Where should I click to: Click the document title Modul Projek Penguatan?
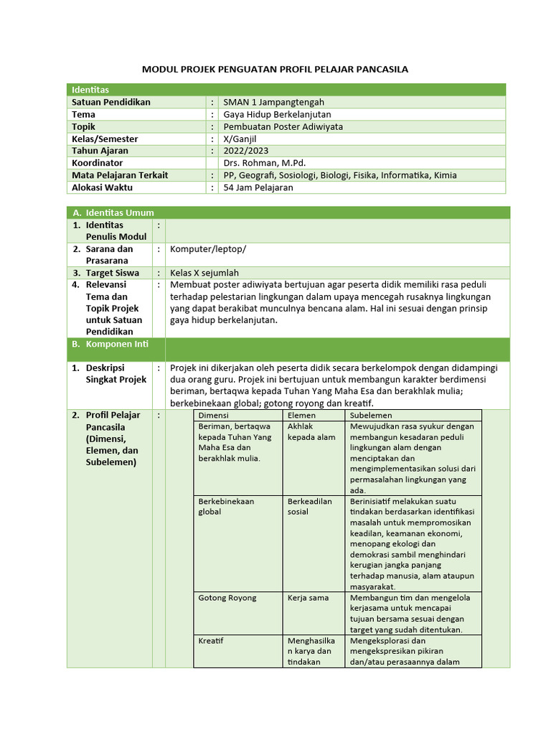pos(275,69)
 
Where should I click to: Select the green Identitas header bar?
pos(286,90)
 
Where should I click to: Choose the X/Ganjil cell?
pos(240,139)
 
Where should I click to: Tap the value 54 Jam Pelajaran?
pos(258,187)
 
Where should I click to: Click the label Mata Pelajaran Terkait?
pos(120,175)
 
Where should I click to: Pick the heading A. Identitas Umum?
pos(113,212)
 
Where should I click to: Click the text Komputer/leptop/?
pos(207,249)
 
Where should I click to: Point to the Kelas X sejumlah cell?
pos(204,273)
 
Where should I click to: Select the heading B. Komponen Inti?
pos(110,344)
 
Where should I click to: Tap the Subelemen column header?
pos(371,415)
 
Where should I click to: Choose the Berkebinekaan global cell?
pos(226,506)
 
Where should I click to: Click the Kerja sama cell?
pos(308,597)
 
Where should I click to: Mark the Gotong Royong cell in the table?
pos(227,597)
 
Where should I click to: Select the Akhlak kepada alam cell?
pos(311,431)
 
